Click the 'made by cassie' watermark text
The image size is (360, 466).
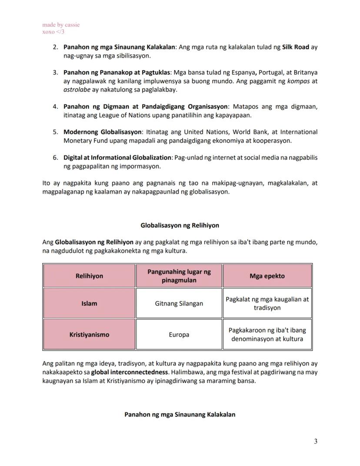click(x=61, y=25)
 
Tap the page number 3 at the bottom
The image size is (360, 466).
click(x=315, y=442)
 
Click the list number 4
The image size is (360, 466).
click(x=56, y=107)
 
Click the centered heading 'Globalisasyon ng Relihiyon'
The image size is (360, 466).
click(x=180, y=225)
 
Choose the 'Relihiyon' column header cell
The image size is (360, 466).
click(x=89, y=276)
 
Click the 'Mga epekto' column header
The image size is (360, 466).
click(x=267, y=276)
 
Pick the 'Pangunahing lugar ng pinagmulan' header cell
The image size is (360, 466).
click(x=179, y=276)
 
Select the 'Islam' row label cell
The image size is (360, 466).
click(x=89, y=303)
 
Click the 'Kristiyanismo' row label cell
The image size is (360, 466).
click(x=89, y=335)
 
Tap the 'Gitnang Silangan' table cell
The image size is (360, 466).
click(x=179, y=303)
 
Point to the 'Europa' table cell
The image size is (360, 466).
click(x=179, y=335)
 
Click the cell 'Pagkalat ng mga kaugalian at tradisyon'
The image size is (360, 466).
click(x=267, y=303)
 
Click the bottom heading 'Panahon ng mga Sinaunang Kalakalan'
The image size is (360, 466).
click(x=180, y=415)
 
